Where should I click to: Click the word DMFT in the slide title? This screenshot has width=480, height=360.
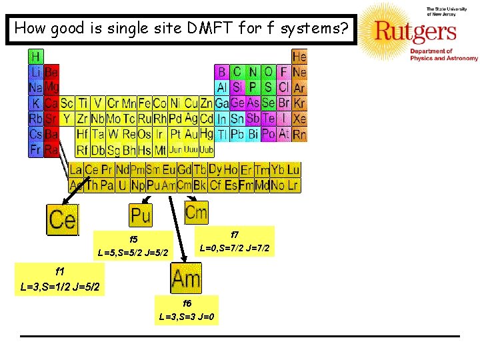pyautogui.click(x=187, y=28)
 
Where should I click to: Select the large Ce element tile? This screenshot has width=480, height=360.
pyautogui.click(x=62, y=219)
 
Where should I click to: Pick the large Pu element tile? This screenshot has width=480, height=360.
pyautogui.click(x=141, y=215)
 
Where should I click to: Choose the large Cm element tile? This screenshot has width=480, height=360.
pyautogui.click(x=196, y=213)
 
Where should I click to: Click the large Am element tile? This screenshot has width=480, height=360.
pyautogui.click(x=186, y=277)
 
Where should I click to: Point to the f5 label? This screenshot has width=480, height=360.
pyautogui.click(x=133, y=239)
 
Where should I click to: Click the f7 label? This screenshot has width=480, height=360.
pyautogui.click(x=235, y=235)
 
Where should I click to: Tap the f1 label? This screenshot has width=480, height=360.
pyautogui.click(x=60, y=271)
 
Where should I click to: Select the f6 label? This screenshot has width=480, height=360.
pyautogui.click(x=187, y=303)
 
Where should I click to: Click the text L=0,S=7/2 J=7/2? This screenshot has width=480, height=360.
pyautogui.click(x=235, y=248)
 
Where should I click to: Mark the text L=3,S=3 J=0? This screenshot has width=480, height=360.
pyautogui.click(x=187, y=317)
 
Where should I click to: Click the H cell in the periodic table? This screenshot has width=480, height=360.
pyautogui.click(x=35, y=56)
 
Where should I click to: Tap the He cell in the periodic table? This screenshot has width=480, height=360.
pyautogui.click(x=299, y=56)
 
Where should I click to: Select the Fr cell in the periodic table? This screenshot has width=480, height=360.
pyautogui.click(x=35, y=149)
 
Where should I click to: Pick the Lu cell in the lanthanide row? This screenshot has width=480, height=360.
pyautogui.click(x=293, y=169)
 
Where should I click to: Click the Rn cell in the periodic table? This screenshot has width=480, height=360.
pyautogui.click(x=299, y=134)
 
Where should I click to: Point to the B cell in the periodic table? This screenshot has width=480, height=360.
pyautogui.click(x=221, y=71)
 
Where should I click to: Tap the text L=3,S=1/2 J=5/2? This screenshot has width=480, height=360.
pyautogui.click(x=60, y=287)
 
